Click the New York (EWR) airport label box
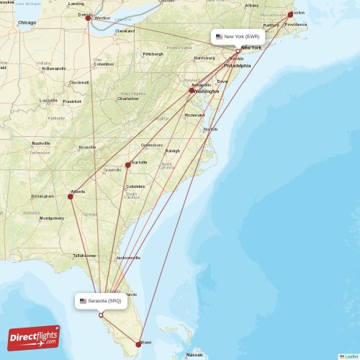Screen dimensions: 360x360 coord(238,36)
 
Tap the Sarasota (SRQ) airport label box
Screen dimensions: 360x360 coord(101,301)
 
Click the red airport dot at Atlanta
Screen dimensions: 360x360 coord(71,195)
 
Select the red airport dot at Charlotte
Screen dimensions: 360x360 coord(128,165)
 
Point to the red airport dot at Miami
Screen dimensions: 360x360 coord(139,343)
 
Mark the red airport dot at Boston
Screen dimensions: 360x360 coord(290,14)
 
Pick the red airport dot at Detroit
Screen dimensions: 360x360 coord(89,18)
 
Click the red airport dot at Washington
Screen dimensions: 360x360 coord(192,91)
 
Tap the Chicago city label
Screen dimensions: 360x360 coord(27,23)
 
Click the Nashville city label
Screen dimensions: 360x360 coord(40,143)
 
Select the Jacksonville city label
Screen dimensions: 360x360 coord(128,257)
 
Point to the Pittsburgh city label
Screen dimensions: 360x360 coord(153,53)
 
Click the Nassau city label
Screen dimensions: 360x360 coord(194,355)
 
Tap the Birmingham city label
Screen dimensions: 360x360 coord(42,196)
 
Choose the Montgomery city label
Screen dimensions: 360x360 coord(52,218)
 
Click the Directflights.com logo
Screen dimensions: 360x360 coord(34,338)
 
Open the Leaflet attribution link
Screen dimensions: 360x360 coord(351,356)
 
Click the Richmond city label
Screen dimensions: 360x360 coord(194,115)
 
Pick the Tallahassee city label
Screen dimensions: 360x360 coord(84,255)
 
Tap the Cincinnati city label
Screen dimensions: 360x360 coord(79,82)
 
